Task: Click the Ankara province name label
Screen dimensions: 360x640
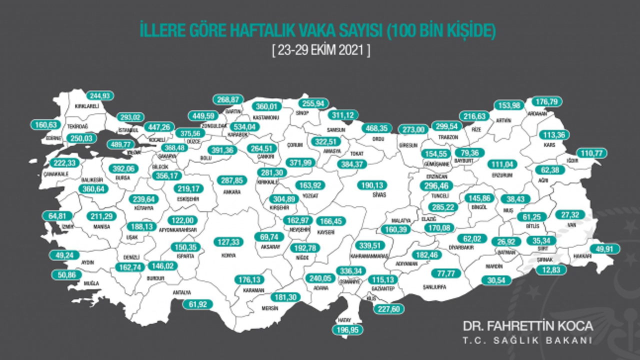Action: click(x=232, y=191)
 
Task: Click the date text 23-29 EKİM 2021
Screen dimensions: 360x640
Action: click(x=320, y=51)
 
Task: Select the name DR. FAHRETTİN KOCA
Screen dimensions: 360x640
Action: click(x=527, y=326)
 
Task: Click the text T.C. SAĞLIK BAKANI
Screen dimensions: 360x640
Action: click(x=527, y=340)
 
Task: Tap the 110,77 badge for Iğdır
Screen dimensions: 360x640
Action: click(x=591, y=152)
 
